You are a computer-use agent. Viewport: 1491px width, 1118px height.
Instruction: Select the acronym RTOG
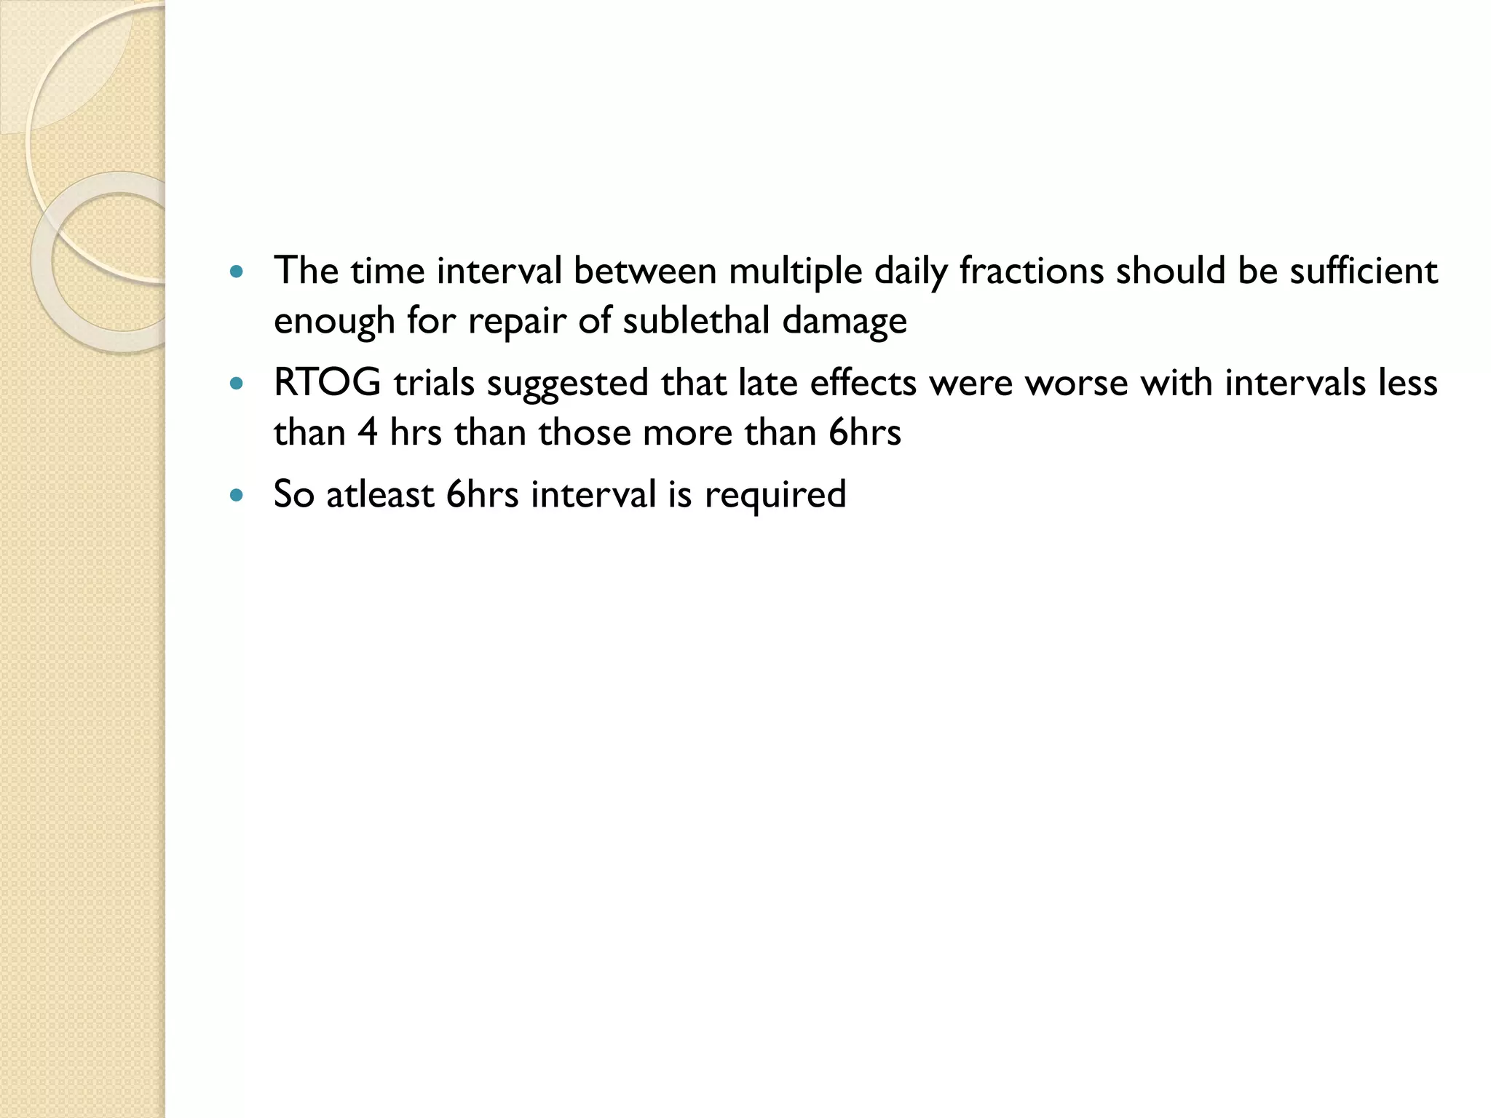[327, 383]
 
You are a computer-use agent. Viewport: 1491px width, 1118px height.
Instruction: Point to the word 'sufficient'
[1364, 271]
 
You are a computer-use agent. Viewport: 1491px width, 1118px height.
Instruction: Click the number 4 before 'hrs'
[367, 432]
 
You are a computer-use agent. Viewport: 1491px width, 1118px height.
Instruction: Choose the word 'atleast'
[379, 494]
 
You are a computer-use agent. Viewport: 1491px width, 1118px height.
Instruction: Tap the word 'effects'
[863, 383]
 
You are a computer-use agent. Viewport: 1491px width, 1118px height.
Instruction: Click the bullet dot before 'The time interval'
[235, 273]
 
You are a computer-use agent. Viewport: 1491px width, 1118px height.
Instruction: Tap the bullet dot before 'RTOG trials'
[235, 384]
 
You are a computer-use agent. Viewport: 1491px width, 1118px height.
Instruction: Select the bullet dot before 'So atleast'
[235, 495]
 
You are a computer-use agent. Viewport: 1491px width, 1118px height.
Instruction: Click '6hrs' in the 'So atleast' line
[482, 494]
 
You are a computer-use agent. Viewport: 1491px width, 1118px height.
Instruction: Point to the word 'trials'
[434, 383]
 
